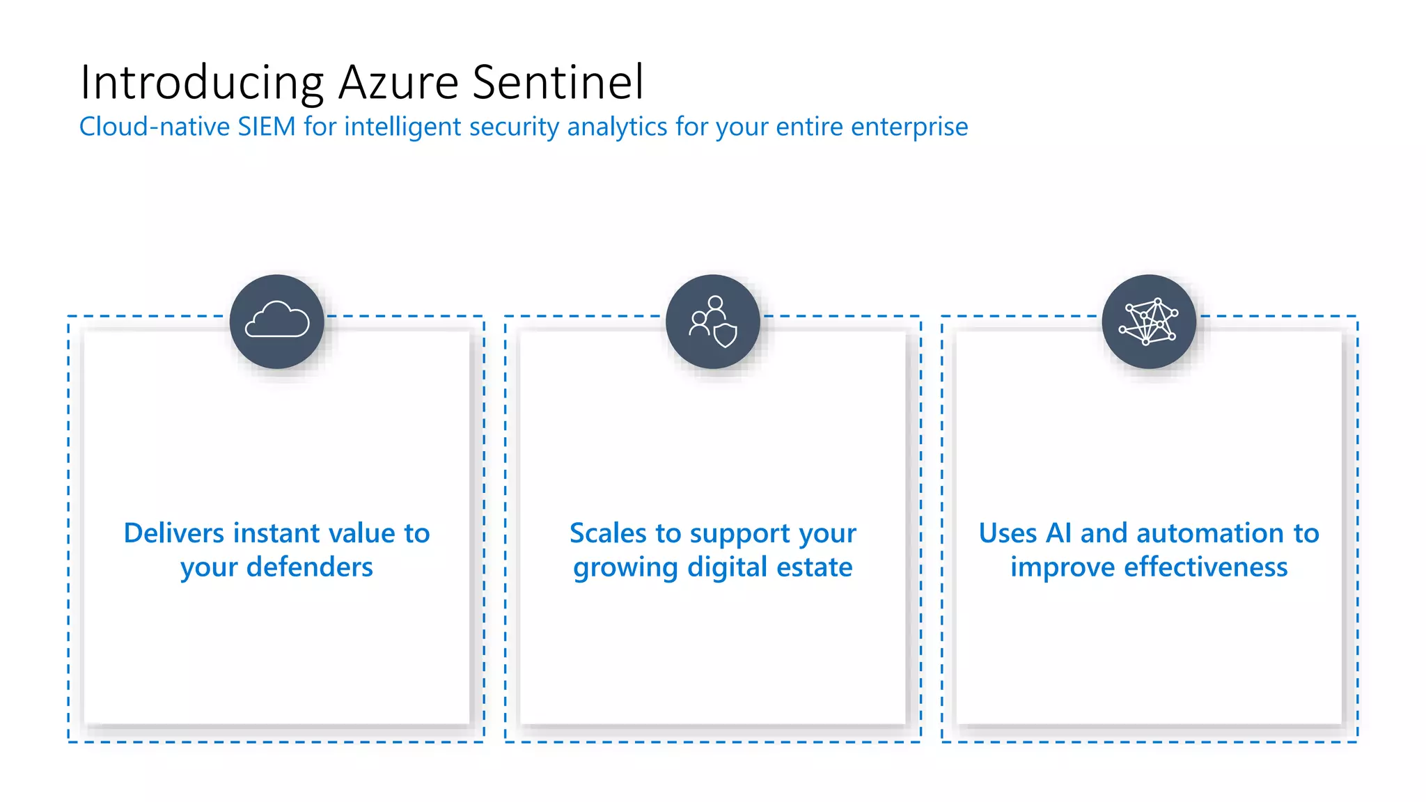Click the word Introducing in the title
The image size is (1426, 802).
click(x=202, y=84)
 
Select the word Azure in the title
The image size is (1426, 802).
click(x=398, y=84)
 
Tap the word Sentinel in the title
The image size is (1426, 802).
click(x=558, y=84)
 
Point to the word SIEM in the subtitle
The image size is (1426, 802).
click(x=267, y=127)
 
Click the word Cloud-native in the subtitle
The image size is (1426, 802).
click(x=154, y=127)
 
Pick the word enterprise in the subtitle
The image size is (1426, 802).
click(x=909, y=127)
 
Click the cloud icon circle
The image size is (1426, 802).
click(x=277, y=322)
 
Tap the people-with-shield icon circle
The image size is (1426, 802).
click(x=713, y=322)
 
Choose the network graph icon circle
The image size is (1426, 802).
click(x=1149, y=322)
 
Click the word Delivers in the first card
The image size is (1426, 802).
click(x=173, y=533)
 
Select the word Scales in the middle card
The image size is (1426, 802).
click(x=608, y=533)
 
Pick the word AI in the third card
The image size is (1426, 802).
click(x=1058, y=533)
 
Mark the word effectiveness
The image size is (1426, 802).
click(x=1206, y=567)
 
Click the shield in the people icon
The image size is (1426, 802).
click(x=726, y=336)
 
